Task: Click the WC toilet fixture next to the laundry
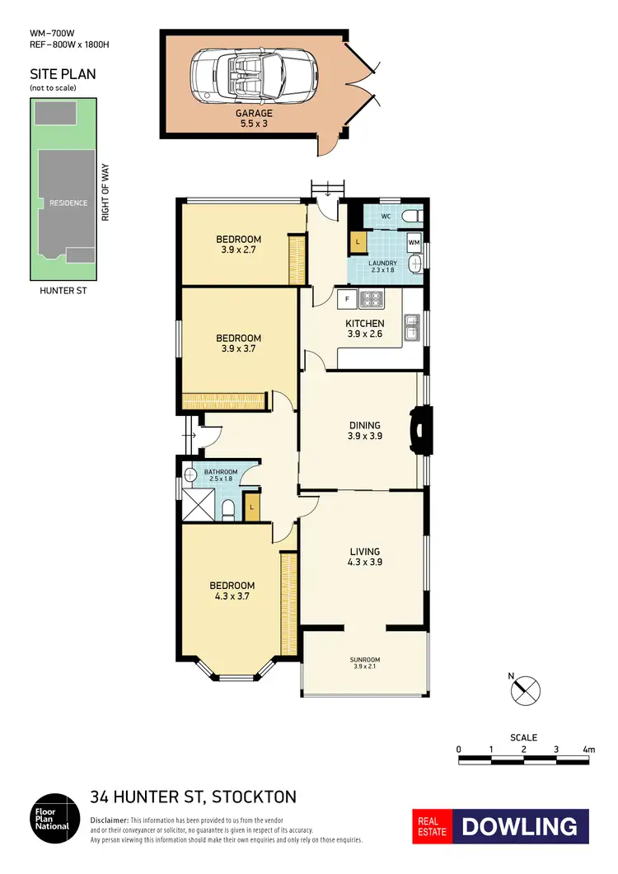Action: (411, 217)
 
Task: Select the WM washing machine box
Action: (414, 243)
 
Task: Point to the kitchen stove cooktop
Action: (372, 299)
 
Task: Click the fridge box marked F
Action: (347, 298)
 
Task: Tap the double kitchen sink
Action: (412, 327)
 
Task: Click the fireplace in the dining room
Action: (419, 430)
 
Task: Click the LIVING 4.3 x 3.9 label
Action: (364, 557)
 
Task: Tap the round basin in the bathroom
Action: (190, 474)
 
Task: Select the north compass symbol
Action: (526, 689)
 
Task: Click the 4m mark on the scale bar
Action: (588, 750)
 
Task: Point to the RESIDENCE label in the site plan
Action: (68, 203)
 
